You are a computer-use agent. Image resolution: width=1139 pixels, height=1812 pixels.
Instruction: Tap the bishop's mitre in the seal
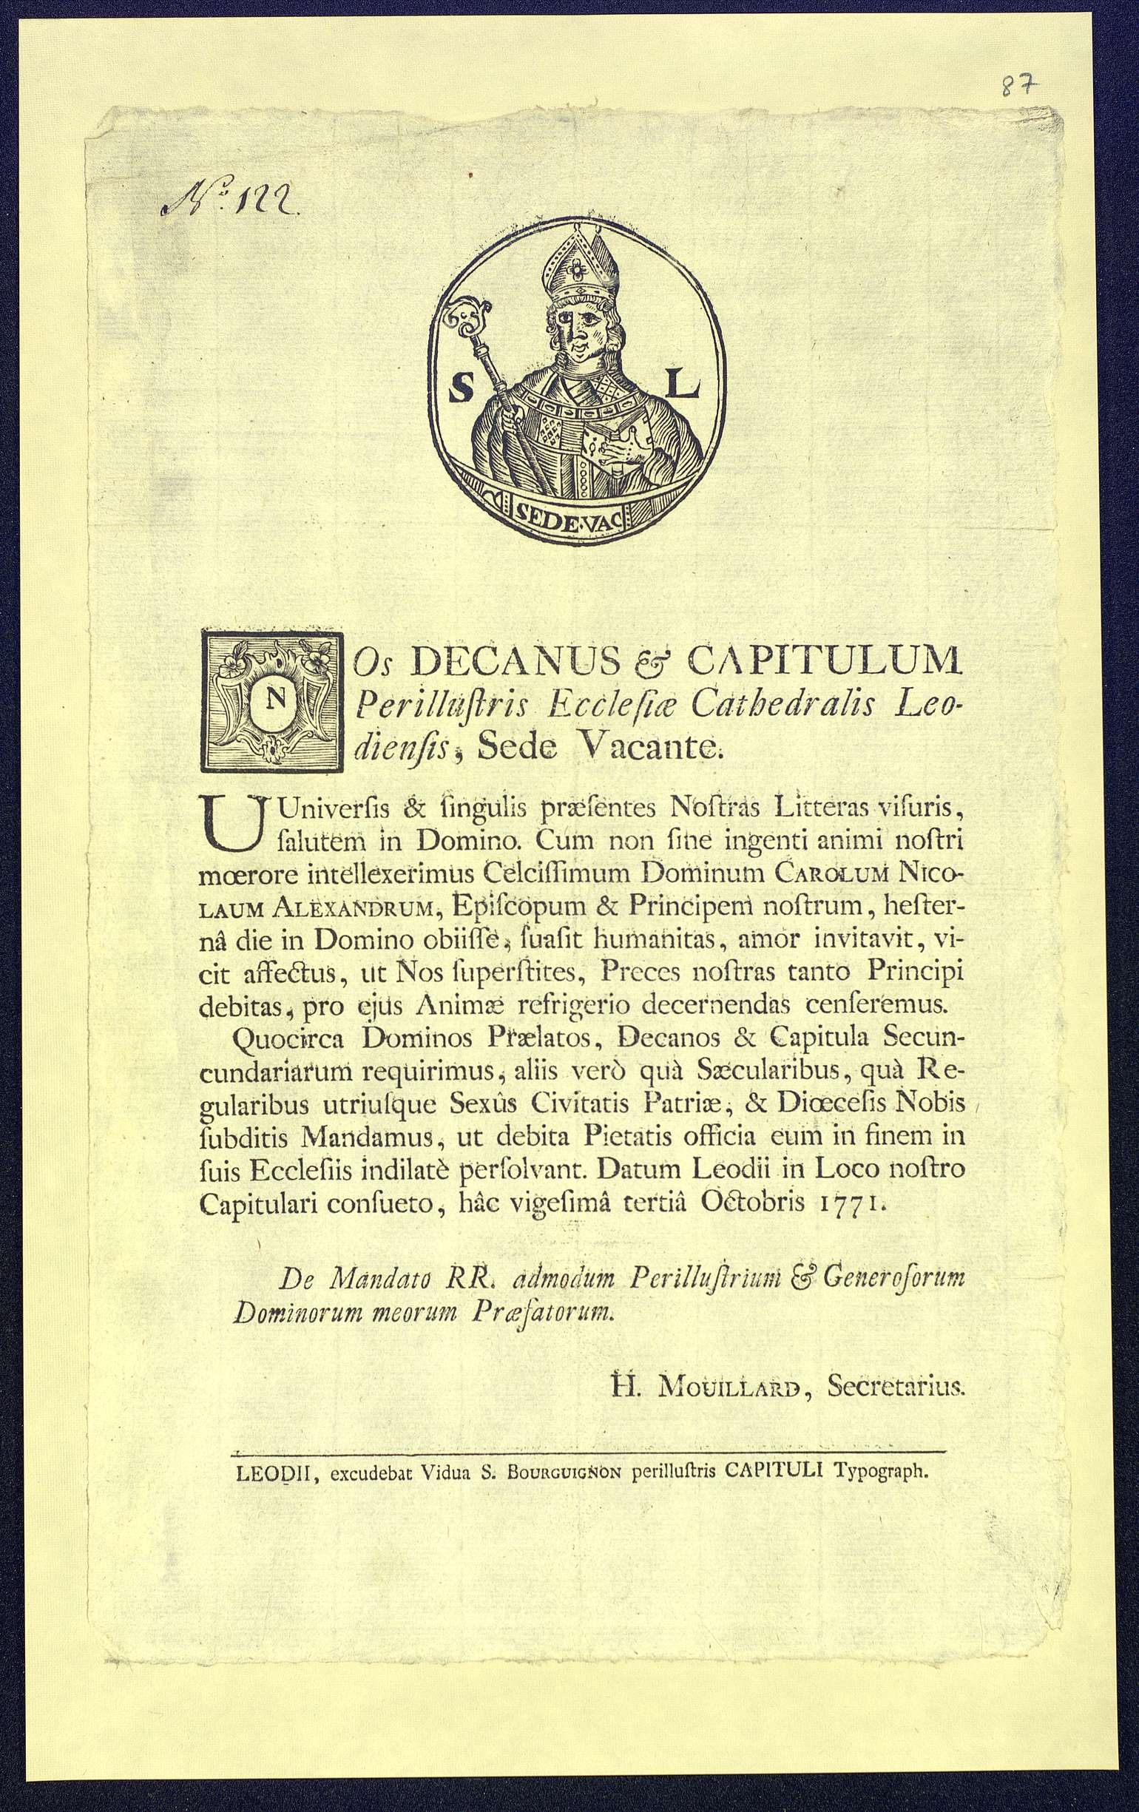(x=580, y=263)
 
